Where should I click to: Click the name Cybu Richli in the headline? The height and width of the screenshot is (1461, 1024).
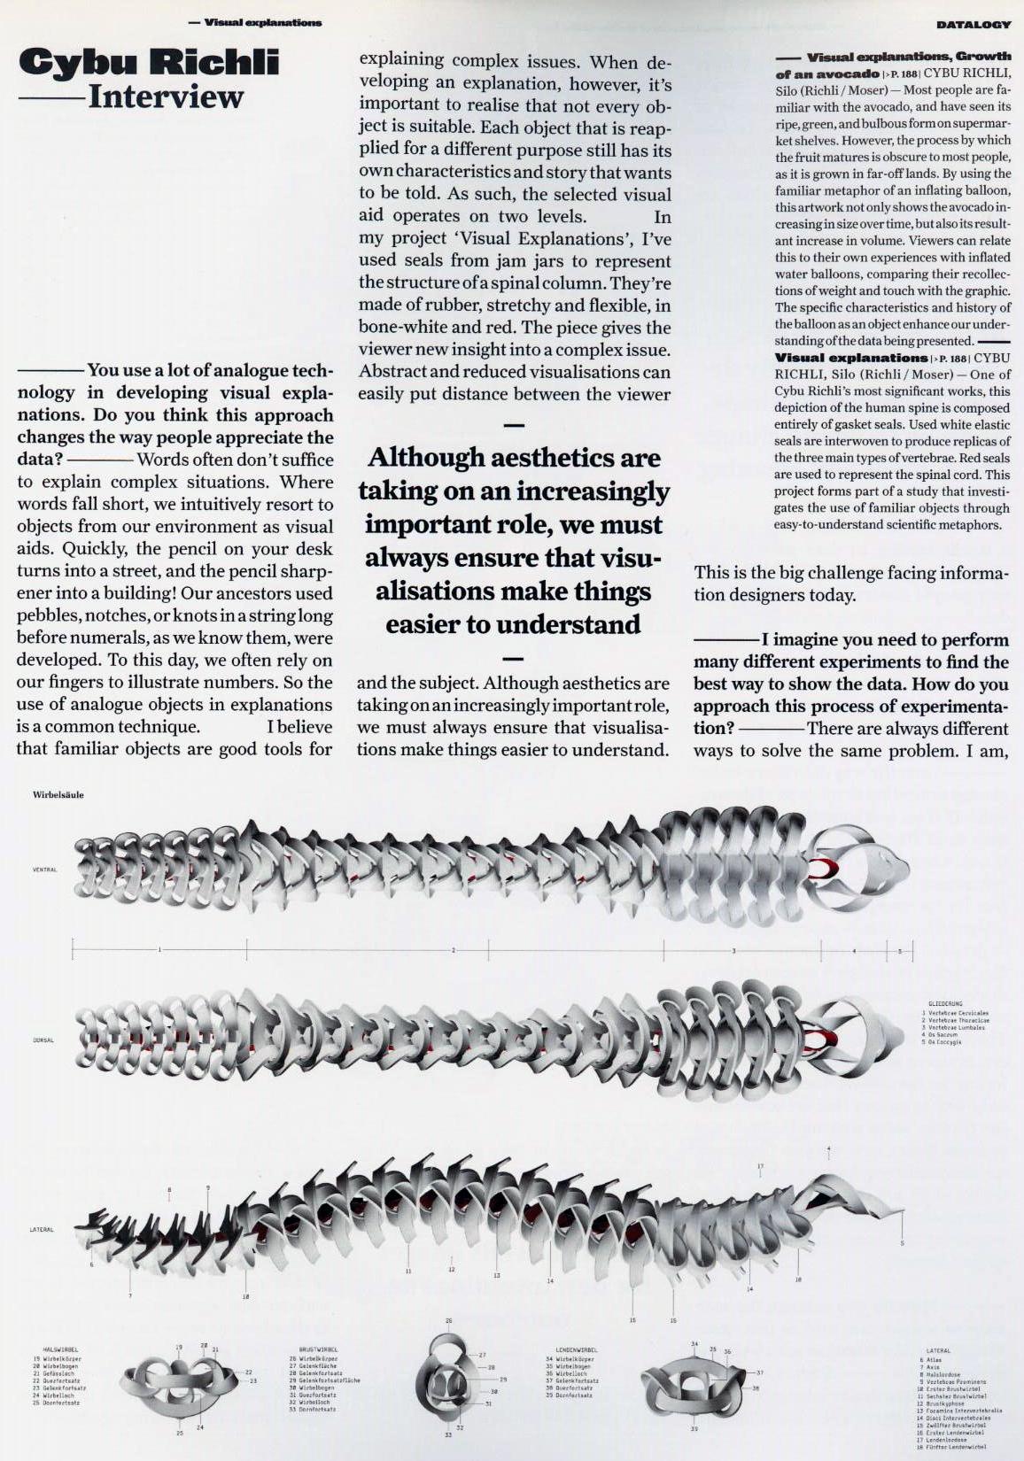pyautogui.click(x=149, y=62)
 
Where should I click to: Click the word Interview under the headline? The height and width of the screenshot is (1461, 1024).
pyautogui.click(x=165, y=97)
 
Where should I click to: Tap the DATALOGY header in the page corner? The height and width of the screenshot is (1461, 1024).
pyautogui.click(x=973, y=25)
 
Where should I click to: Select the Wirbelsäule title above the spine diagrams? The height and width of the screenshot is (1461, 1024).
pyautogui.click(x=58, y=794)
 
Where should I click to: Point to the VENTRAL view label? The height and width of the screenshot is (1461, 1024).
pyautogui.click(x=44, y=870)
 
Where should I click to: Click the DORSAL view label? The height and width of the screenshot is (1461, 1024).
pyautogui.click(x=43, y=1040)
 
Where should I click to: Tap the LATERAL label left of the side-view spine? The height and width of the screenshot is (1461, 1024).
pyautogui.click(x=42, y=1229)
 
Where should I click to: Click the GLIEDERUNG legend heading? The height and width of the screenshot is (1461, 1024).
pyautogui.click(x=945, y=1005)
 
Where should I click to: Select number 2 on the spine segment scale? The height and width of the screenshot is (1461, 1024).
pyautogui.click(x=453, y=950)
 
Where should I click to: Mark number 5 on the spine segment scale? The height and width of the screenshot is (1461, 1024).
pyautogui.click(x=899, y=950)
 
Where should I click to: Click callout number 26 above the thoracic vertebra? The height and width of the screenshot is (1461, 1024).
pyautogui.click(x=448, y=1320)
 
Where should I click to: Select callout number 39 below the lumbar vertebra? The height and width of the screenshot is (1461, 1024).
pyautogui.click(x=694, y=1429)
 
